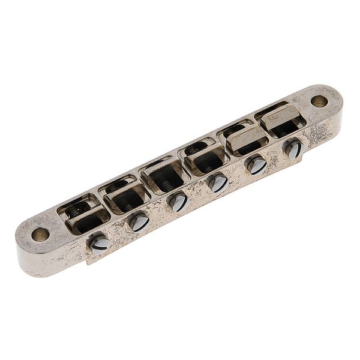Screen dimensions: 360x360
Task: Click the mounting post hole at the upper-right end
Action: coord(319,101)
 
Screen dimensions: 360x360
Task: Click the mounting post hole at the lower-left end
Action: coord(41,234)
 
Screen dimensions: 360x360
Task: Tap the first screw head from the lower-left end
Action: coord(98,242)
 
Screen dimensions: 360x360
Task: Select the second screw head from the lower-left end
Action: coord(139,222)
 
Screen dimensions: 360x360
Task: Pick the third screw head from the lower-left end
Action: coord(178,202)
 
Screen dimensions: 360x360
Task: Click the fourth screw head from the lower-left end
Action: coord(218,183)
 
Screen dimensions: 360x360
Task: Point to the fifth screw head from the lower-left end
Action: coord(256,164)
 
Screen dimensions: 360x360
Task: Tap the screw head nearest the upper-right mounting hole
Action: coord(293,148)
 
